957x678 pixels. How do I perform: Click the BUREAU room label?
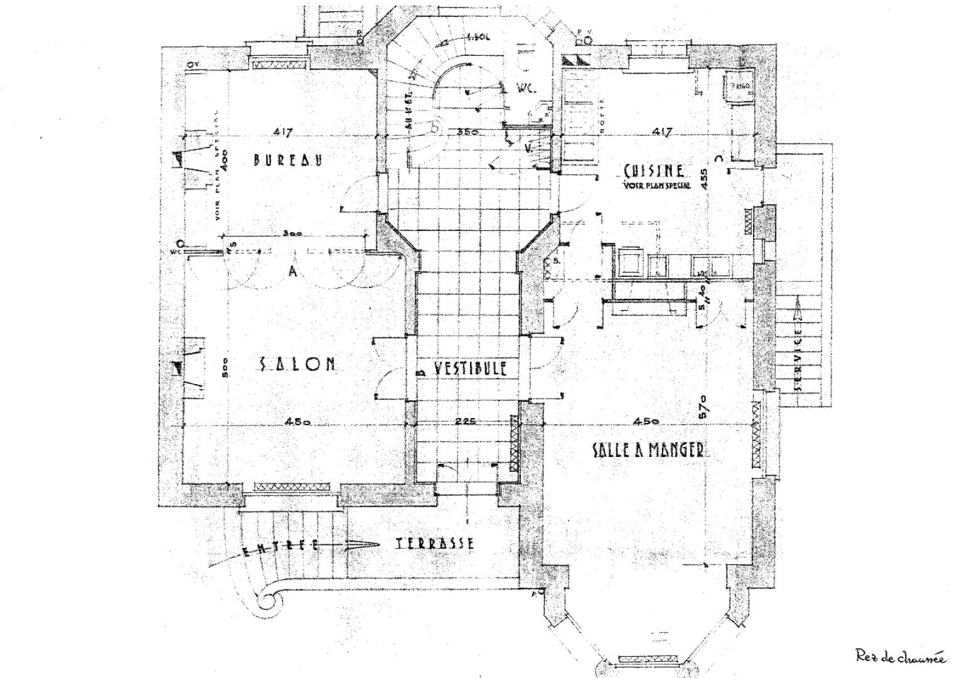288,159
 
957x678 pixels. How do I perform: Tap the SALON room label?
297,363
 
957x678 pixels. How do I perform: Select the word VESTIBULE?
468,369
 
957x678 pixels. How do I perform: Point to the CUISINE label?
654,171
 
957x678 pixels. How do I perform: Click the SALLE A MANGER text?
648,449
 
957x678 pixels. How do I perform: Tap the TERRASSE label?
436,544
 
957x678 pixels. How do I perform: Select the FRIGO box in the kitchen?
739,85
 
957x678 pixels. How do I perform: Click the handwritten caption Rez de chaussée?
901,657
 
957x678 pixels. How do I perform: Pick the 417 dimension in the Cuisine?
663,132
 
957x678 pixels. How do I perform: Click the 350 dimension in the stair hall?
468,132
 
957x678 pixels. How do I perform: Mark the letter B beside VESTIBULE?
421,371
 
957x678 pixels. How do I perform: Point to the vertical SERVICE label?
798,362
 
